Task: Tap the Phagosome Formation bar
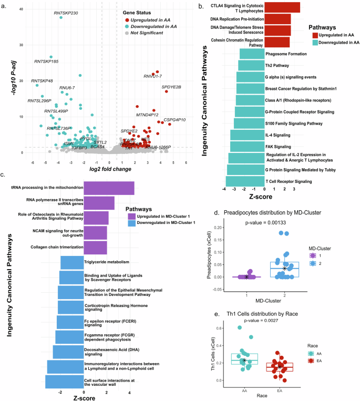click(x=252, y=54)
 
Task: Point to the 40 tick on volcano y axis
click(x=20, y=9)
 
